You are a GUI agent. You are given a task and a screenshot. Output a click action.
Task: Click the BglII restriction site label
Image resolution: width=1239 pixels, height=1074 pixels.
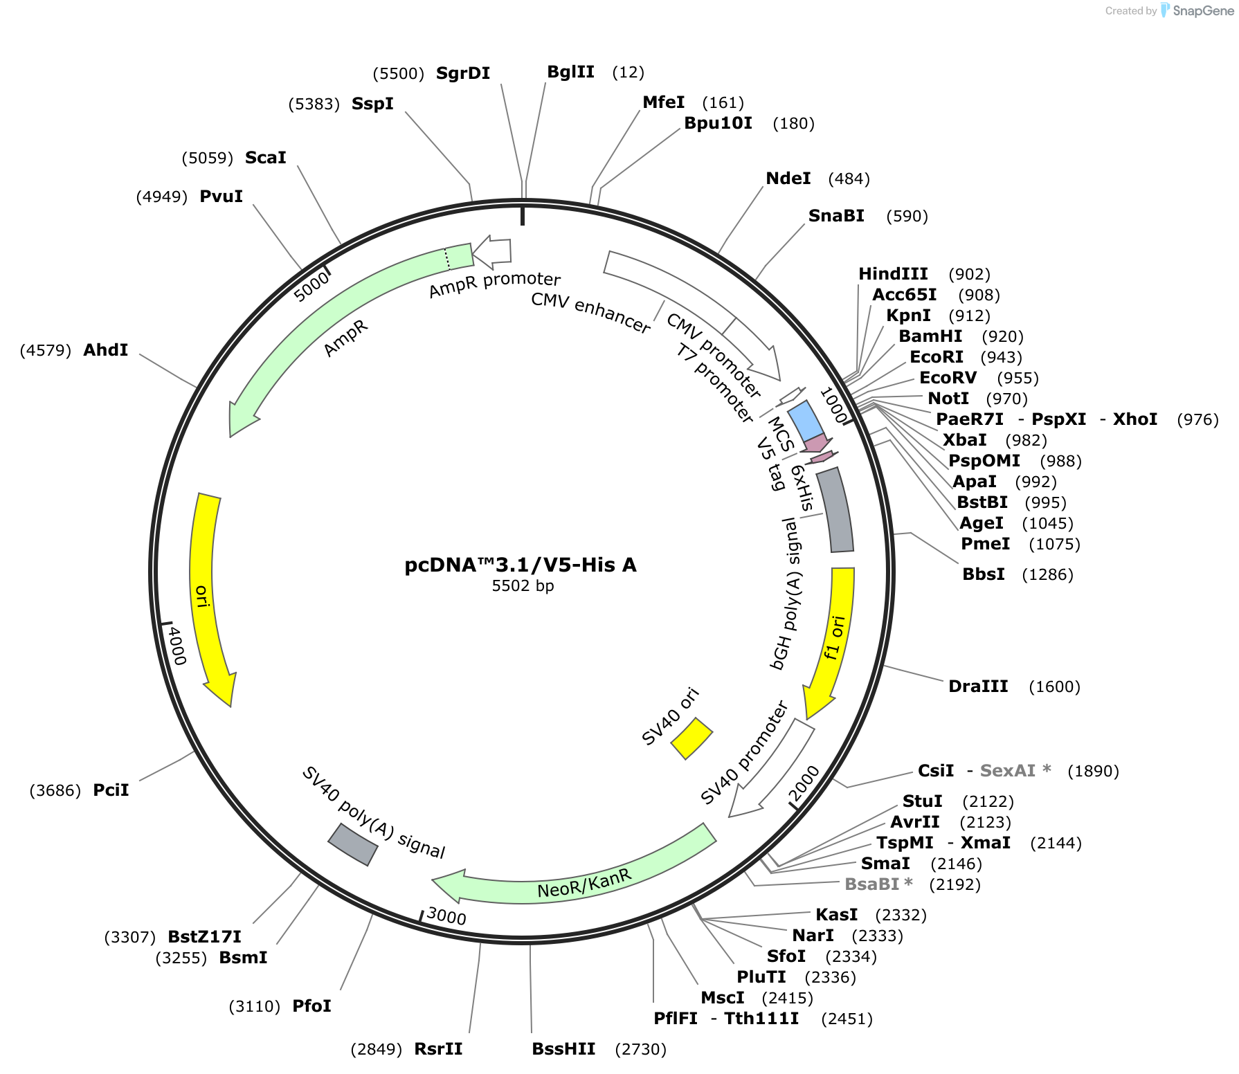coord(570,72)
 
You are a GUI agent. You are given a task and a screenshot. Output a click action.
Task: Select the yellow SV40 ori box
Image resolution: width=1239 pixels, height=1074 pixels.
coord(691,738)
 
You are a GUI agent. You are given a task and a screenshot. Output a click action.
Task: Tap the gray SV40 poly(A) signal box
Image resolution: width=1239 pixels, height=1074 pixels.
coord(353,844)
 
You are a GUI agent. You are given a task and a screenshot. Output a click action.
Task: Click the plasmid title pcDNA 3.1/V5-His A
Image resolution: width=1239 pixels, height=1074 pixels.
coord(521,565)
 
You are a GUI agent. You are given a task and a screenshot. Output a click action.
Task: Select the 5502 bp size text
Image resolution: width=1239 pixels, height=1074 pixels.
coord(523,586)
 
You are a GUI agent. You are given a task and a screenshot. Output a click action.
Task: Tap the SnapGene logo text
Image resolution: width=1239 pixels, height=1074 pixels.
coord(1203,10)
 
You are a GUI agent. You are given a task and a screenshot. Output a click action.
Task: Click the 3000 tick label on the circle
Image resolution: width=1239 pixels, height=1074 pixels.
coord(446,916)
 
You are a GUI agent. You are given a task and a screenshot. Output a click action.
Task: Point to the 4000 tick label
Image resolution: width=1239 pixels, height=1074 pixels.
coord(177,646)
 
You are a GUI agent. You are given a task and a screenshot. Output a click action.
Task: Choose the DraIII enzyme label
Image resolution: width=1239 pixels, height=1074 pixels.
coord(978,686)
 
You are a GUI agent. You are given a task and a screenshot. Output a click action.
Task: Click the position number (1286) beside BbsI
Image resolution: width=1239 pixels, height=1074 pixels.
coord(1047,574)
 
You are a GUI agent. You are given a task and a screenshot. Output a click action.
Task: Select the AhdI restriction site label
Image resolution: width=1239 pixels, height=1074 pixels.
coord(106,350)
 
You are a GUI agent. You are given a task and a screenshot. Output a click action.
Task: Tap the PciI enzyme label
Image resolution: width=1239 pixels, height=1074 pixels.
coord(111,790)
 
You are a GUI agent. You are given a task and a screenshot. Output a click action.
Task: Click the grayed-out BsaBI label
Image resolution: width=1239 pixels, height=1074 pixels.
coord(878,884)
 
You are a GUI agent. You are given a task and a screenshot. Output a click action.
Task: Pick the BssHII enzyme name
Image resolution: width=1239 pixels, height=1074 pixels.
coord(563,1049)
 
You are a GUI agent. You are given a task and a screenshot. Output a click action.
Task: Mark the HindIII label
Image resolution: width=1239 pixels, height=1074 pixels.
coord(893,274)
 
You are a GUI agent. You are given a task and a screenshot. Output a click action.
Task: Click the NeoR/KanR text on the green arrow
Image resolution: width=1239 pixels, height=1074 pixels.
coord(585,884)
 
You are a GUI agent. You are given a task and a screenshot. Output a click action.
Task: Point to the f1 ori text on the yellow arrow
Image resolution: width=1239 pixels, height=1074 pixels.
coord(834,637)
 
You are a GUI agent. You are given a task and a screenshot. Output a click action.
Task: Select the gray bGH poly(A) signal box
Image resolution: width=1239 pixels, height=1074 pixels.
coord(835,510)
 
